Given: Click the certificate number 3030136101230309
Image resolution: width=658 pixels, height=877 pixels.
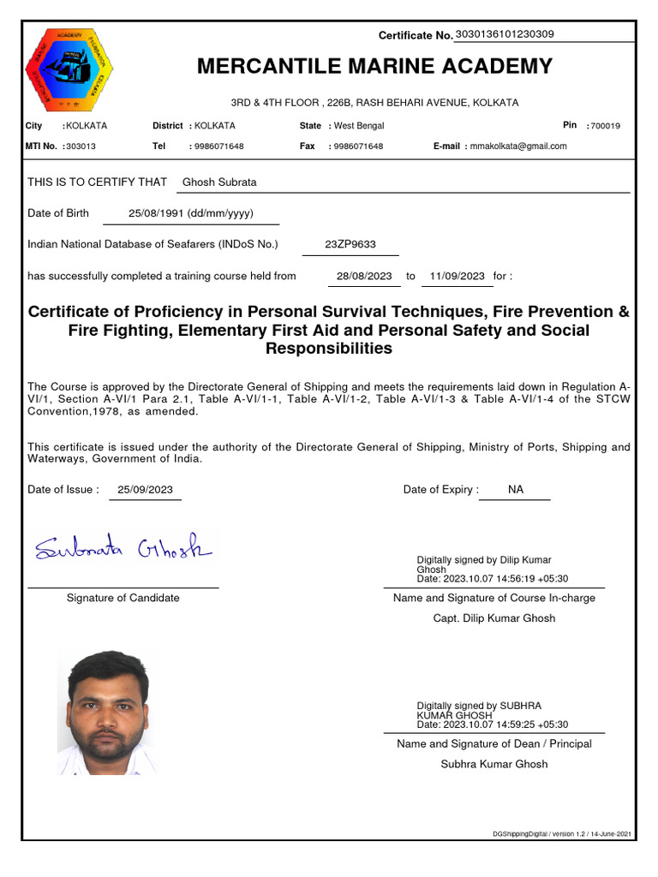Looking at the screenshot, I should click(505, 34).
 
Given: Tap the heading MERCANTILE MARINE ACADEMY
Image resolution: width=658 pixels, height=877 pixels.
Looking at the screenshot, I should click(374, 67).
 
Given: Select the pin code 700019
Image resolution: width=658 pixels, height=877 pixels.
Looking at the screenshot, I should click(605, 126).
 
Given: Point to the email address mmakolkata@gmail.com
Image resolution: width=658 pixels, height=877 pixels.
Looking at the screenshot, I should click(517, 146).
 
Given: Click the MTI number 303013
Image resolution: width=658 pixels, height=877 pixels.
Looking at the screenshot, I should click(81, 146).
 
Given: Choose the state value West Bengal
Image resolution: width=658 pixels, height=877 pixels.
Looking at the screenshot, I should click(359, 126).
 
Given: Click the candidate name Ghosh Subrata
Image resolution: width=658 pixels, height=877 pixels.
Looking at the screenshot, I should click(219, 182).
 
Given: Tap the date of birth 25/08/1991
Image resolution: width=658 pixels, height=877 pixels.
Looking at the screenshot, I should click(190, 213).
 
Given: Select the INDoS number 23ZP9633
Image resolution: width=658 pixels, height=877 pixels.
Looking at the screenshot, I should click(350, 244).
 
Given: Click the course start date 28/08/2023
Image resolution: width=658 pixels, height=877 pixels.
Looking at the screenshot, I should click(364, 276).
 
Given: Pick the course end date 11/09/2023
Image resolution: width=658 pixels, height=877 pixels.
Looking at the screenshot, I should click(458, 276).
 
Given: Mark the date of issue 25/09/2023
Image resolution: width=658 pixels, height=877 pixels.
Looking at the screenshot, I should click(146, 490).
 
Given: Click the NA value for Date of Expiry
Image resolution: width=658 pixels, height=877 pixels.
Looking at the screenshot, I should click(515, 490).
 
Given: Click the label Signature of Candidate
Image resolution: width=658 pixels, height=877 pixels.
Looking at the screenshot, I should click(123, 598).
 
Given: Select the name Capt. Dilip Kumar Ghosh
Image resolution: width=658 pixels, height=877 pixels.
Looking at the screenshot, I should click(493, 618).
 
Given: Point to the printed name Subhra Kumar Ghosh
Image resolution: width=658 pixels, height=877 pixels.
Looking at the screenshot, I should click(493, 764).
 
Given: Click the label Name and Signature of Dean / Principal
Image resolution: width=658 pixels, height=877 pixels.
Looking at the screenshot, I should click(493, 743).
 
